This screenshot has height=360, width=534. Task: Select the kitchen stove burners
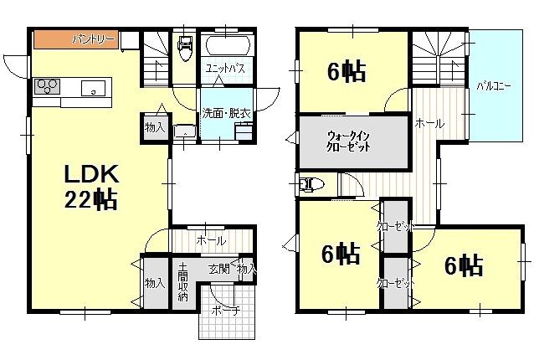pos(46,85)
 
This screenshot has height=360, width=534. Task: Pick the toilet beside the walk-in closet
pos(311,183)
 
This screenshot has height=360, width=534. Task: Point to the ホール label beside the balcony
pos(429,123)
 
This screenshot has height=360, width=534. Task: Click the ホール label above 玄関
pos(210,240)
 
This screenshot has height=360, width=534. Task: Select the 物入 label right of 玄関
pos(246,269)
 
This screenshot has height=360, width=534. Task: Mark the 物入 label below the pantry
pos(154,127)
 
